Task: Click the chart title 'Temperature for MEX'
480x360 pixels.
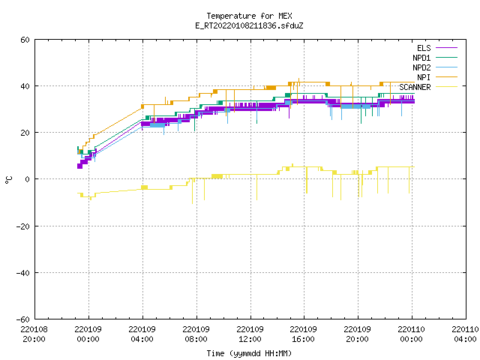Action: click(x=249, y=16)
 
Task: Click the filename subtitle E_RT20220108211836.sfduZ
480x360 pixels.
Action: click(x=249, y=25)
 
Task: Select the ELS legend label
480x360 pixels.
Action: click(x=424, y=48)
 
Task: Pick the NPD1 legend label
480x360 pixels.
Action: click(x=421, y=58)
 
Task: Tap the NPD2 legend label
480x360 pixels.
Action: click(x=421, y=67)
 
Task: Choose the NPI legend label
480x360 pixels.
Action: click(x=424, y=77)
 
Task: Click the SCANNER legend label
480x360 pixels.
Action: click(x=415, y=87)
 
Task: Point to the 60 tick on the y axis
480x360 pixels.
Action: click(x=25, y=40)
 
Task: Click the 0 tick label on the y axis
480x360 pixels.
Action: click(x=28, y=179)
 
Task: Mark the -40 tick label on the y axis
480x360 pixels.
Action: click(x=23, y=273)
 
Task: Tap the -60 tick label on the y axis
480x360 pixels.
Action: click(x=23, y=319)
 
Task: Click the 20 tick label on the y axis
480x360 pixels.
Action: click(x=25, y=133)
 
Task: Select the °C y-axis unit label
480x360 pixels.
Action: click(x=9, y=180)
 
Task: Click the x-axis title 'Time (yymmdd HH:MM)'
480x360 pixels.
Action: click(x=249, y=353)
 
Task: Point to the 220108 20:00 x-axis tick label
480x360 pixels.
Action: click(x=34, y=334)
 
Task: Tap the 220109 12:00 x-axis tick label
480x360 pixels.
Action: click(x=250, y=334)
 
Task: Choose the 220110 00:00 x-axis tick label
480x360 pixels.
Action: click(x=412, y=334)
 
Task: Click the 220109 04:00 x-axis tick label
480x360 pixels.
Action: click(x=142, y=334)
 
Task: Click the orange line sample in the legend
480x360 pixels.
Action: click(x=446, y=77)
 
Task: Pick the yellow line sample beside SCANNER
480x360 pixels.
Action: click(x=446, y=87)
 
